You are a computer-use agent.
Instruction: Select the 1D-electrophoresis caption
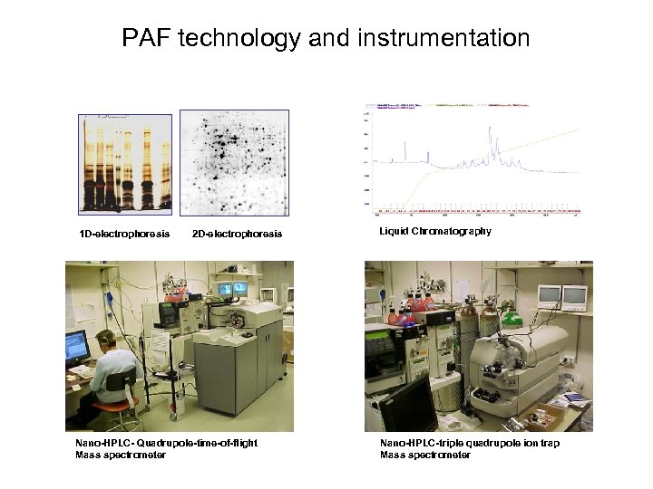pos(124,235)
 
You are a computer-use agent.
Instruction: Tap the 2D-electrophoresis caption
pos(238,235)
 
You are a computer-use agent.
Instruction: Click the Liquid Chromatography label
pos(435,231)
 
